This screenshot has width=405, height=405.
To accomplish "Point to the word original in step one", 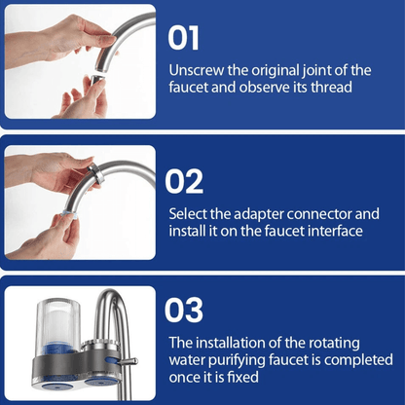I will (274, 70).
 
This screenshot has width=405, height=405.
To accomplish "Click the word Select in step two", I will (190, 212).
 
